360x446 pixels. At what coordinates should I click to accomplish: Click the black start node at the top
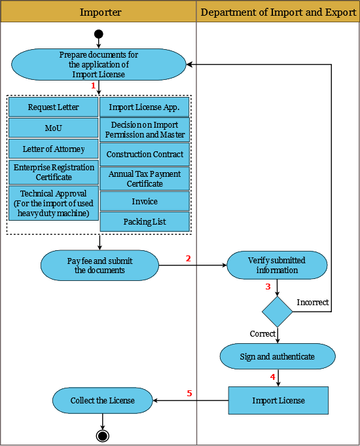tap(99, 34)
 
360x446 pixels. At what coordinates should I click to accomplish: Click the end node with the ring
tap(102, 436)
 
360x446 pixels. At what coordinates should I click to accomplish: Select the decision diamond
tap(278, 312)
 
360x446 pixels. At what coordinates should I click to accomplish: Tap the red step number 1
tap(93, 85)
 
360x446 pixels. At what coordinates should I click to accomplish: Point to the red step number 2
tap(189, 258)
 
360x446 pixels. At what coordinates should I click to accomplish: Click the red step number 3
tap(268, 286)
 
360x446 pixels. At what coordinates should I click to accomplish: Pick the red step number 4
tap(273, 377)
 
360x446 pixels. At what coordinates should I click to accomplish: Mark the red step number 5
tap(189, 393)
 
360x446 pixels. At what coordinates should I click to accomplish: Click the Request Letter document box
tap(54, 107)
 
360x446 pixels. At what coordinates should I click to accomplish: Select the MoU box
tap(54, 128)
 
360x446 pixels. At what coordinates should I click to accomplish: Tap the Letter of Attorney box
tap(54, 149)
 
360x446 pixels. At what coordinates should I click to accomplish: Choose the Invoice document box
tap(145, 201)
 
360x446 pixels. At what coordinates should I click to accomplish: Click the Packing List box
tap(145, 221)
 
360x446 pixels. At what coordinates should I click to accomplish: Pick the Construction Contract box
tap(145, 155)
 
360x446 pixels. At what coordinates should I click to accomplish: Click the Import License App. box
tap(145, 107)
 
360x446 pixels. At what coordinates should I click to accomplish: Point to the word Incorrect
tap(313, 302)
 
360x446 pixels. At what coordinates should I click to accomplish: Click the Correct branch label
tap(262, 333)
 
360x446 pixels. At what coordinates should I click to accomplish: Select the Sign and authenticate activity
tap(278, 356)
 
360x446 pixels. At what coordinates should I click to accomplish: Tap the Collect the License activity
tap(103, 401)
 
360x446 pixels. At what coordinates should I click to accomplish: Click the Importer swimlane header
tap(98, 12)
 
